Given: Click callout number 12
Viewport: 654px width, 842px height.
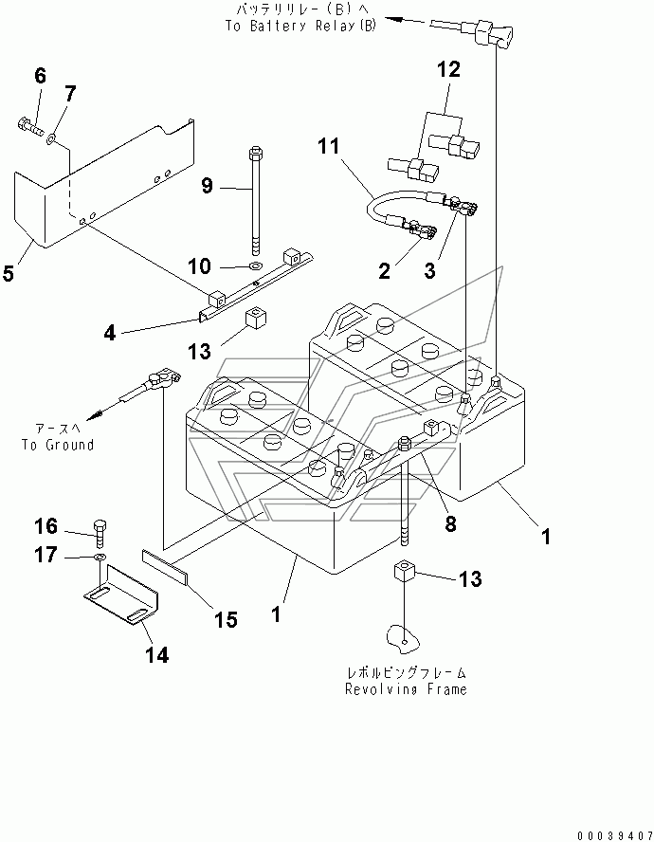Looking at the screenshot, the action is pyautogui.click(x=449, y=69).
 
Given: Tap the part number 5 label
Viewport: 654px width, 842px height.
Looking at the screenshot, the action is pyautogui.click(x=8, y=273).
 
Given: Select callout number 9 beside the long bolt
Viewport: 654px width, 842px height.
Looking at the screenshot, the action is pyautogui.click(x=208, y=186).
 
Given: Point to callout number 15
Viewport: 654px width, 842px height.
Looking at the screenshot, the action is pyautogui.click(x=226, y=620).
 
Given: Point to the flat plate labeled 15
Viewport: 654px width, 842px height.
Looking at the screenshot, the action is pyautogui.click(x=164, y=567).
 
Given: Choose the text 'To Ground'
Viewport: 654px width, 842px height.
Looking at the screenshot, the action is pyautogui.click(x=58, y=445).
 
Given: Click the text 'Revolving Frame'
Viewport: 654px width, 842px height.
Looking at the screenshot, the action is pyautogui.click(x=406, y=689).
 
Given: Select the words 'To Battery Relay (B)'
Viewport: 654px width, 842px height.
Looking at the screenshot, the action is pyautogui.click(x=300, y=26).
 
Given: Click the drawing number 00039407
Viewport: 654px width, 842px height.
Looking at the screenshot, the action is pyautogui.click(x=615, y=835).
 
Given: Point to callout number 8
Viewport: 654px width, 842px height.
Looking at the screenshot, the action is pyautogui.click(x=450, y=523).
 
